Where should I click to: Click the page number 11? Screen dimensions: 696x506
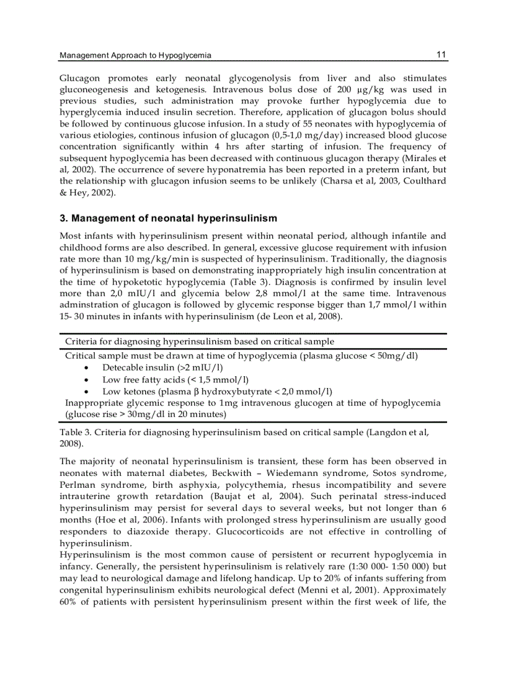click(x=441, y=55)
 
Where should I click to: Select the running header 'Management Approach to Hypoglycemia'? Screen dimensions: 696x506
click(x=135, y=56)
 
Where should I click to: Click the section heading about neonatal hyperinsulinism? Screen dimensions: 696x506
click(x=168, y=218)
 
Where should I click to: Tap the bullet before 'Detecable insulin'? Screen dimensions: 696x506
click(x=86, y=368)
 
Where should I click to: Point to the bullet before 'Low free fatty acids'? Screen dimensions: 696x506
click(x=86, y=380)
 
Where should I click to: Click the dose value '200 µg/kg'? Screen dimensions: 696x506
click(x=354, y=89)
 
